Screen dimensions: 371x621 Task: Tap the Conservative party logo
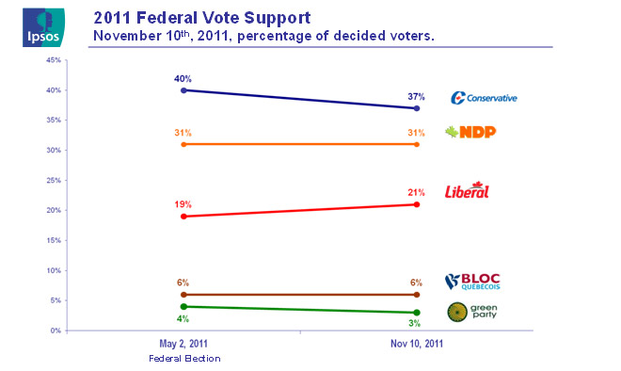[x=484, y=98]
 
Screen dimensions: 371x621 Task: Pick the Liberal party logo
[x=469, y=190]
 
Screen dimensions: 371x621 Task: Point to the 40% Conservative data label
[x=183, y=78]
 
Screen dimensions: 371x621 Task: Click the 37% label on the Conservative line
[x=416, y=96]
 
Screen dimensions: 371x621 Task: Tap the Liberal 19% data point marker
[x=183, y=217]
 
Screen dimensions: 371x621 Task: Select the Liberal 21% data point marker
[x=417, y=204]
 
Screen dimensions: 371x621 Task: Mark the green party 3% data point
[x=417, y=313]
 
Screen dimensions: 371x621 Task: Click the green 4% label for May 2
[x=183, y=318]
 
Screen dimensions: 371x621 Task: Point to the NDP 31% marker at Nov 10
[x=417, y=144]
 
